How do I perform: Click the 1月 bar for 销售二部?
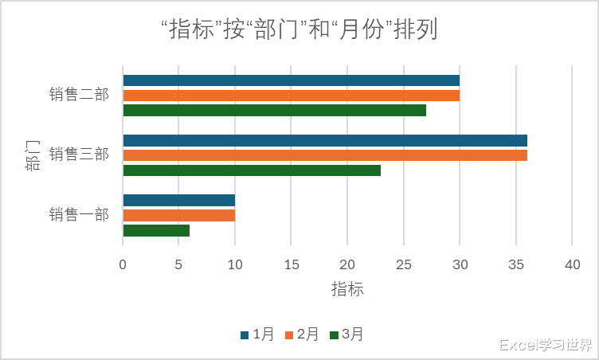[x=291, y=80]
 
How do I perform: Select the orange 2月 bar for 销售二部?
[x=291, y=96]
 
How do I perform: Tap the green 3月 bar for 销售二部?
[x=274, y=111]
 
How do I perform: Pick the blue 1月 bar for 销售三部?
[x=325, y=141]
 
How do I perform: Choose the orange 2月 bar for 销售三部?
[x=325, y=155]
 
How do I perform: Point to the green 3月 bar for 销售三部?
[x=252, y=170]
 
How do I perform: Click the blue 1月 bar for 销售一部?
[x=178, y=201]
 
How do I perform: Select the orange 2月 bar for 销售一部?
[x=178, y=216]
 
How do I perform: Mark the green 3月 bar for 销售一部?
[x=156, y=231]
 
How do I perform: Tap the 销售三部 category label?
[x=79, y=155]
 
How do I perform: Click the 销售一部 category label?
[x=79, y=215]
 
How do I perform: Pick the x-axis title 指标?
[x=347, y=290]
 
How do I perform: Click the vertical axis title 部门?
[x=32, y=155]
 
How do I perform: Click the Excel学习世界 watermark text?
[x=546, y=345]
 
